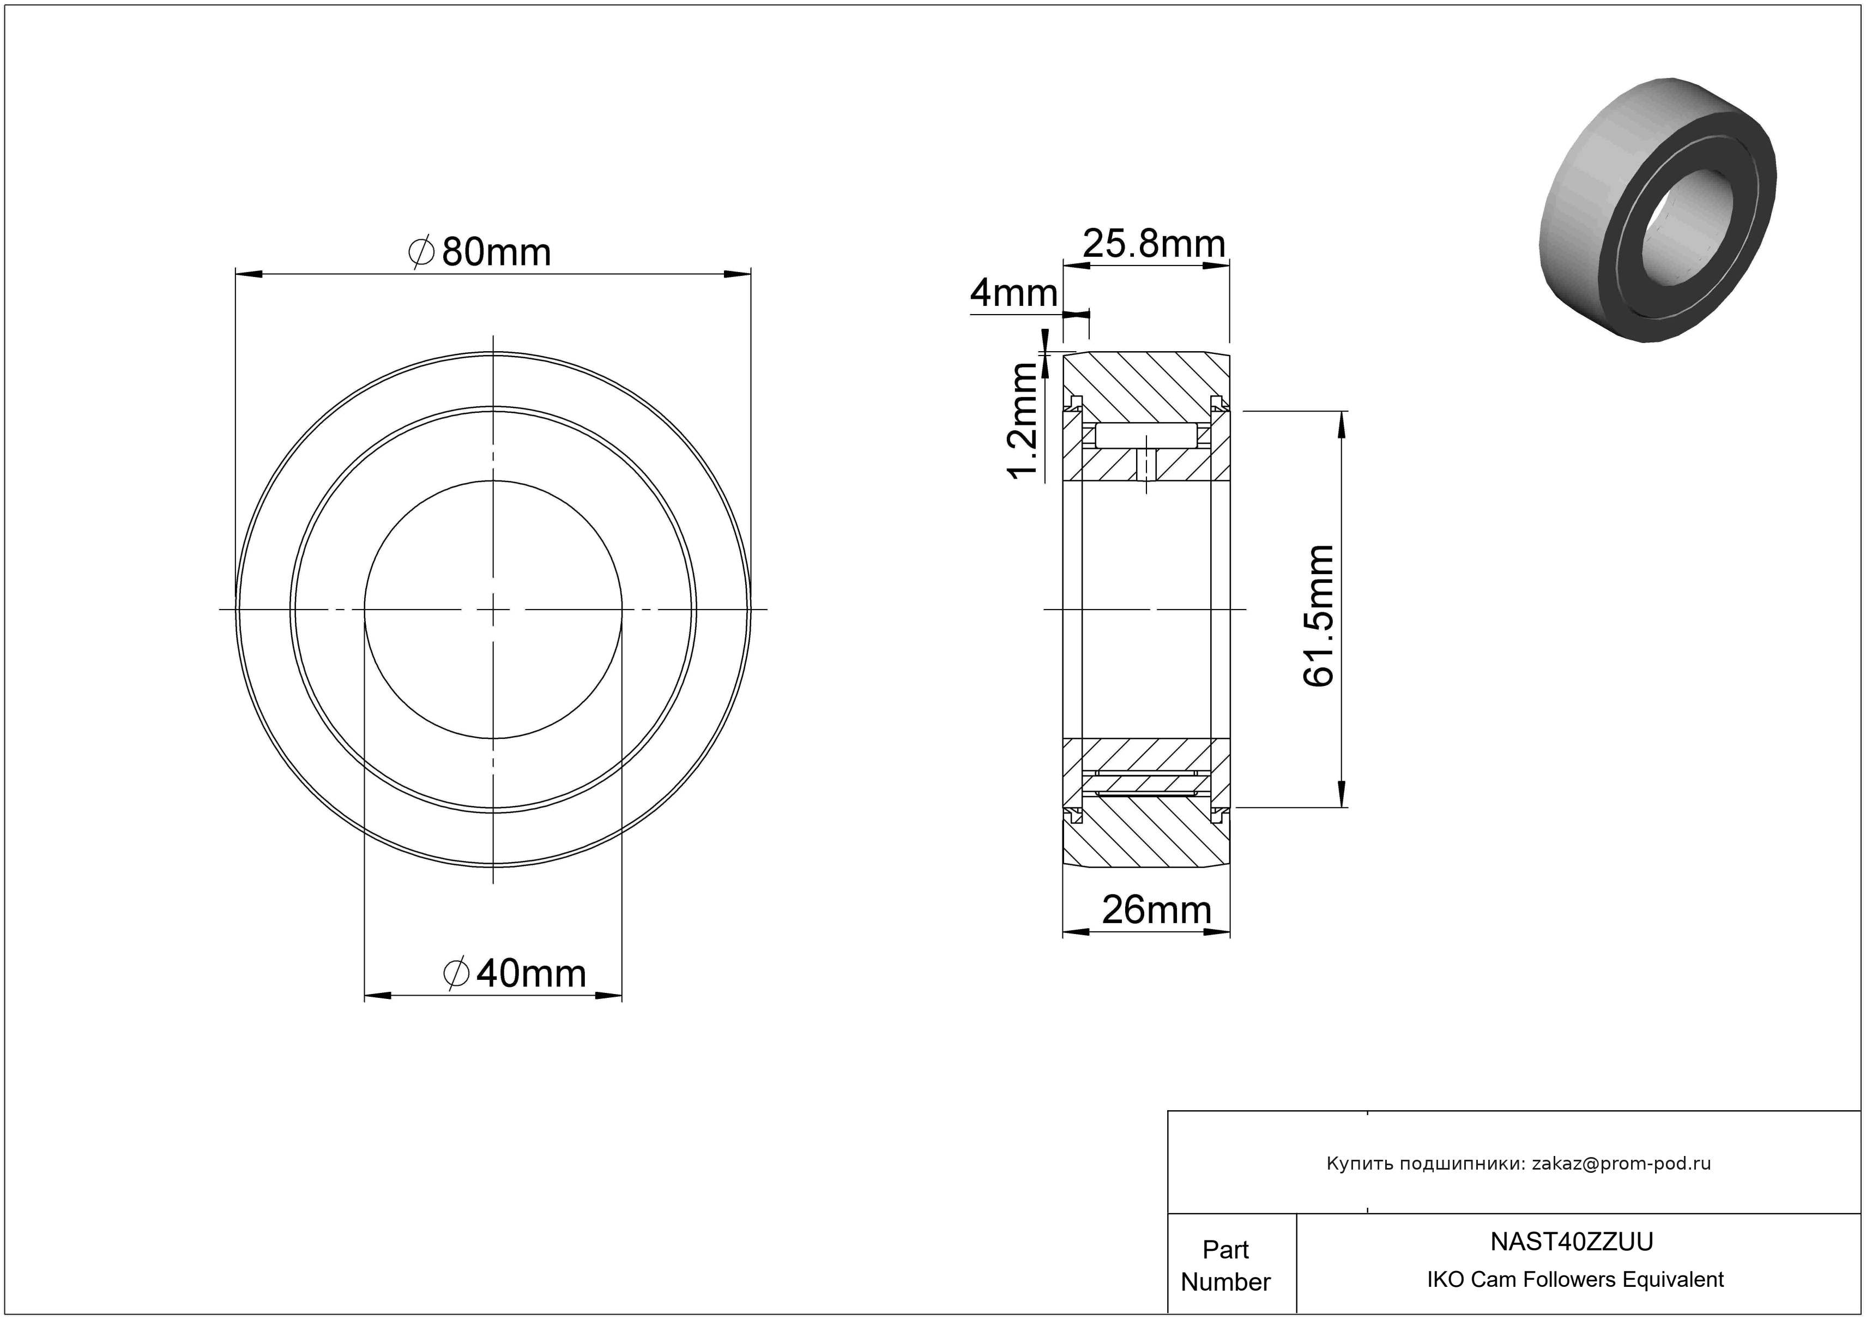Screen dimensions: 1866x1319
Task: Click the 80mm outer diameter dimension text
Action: click(x=496, y=253)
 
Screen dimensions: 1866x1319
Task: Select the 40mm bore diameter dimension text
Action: click(x=531, y=974)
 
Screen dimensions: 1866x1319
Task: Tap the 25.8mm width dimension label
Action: click(x=1154, y=244)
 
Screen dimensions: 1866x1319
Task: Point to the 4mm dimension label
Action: click(x=1014, y=293)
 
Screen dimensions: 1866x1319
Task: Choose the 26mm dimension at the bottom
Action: click(x=1156, y=910)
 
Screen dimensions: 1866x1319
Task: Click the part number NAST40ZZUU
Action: click(x=1572, y=1242)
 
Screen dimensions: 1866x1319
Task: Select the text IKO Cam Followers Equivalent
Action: click(x=1575, y=1279)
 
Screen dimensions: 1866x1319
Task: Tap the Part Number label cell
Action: click(x=1225, y=1266)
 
